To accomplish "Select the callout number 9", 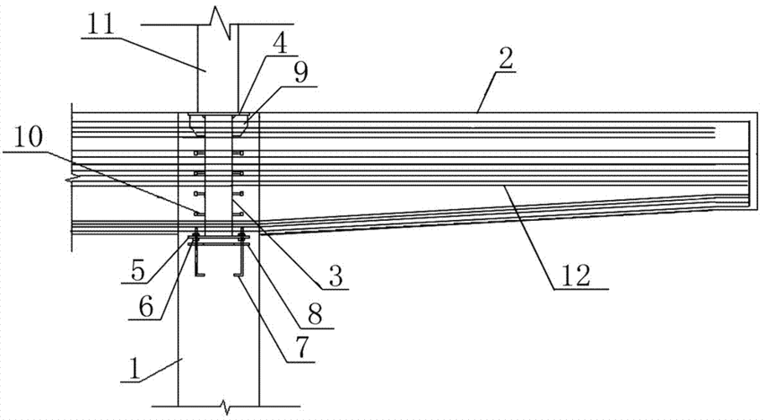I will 299,74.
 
